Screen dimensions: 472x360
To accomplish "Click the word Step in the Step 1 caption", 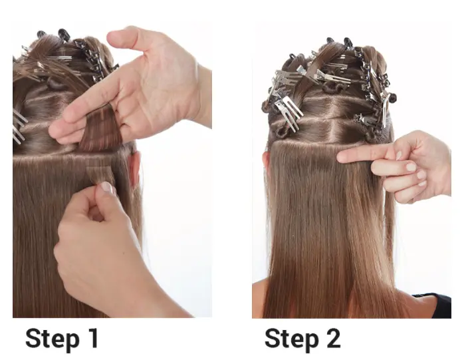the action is click(53, 339).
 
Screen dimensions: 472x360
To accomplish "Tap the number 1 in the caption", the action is click(93, 337).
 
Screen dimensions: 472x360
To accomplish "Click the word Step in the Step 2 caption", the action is click(292, 339).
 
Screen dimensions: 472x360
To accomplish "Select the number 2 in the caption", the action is click(332, 337).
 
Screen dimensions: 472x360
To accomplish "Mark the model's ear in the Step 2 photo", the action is click(265, 162).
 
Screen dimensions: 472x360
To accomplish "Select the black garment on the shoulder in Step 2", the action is click(437, 305).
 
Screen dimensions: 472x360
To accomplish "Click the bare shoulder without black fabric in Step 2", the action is click(259, 298).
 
